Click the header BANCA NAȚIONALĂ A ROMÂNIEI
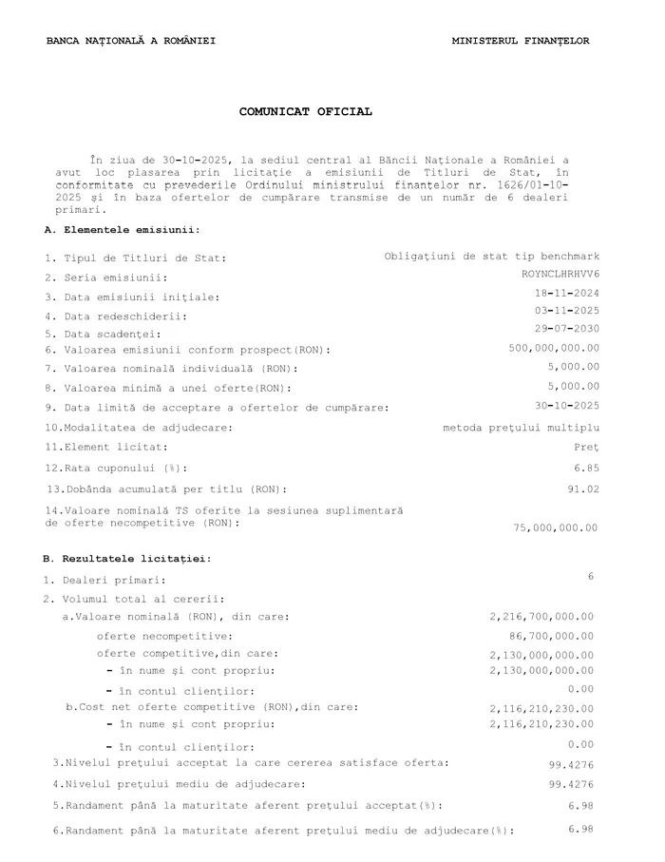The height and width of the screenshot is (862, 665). tap(130, 41)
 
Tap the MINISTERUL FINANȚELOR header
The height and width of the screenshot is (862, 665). tap(521, 41)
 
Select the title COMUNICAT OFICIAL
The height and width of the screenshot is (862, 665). tap(305, 112)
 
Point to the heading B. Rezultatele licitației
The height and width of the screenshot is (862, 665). tap(128, 558)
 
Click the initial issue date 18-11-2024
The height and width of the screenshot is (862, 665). tap(567, 293)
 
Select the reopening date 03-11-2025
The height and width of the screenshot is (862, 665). tap(567, 311)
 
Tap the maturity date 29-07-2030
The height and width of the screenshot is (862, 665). tap(567, 329)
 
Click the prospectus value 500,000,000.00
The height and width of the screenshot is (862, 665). tap(554, 348)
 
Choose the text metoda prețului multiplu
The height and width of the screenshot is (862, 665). tap(522, 428)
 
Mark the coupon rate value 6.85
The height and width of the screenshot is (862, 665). tap(586, 468)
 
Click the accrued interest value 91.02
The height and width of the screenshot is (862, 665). tap(583, 488)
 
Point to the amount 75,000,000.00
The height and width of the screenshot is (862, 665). tap(556, 527)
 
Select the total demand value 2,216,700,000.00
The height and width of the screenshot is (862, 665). tap(541, 617)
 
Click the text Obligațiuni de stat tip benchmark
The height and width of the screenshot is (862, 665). tap(492, 257)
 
